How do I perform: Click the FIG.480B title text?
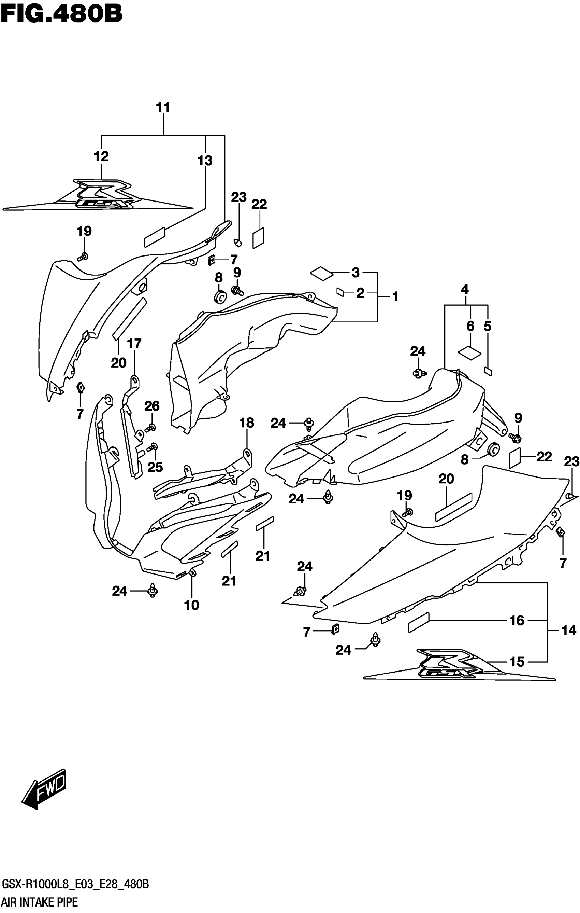click(x=62, y=14)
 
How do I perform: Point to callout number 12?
click(x=101, y=156)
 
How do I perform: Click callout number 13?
click(x=205, y=161)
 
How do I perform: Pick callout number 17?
click(x=134, y=344)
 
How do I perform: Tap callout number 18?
click(x=247, y=423)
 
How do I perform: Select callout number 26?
click(x=152, y=406)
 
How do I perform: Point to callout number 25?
click(x=155, y=468)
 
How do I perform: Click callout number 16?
click(x=517, y=621)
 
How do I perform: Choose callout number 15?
click(x=517, y=662)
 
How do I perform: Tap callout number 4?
click(x=465, y=290)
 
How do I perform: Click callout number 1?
click(x=395, y=296)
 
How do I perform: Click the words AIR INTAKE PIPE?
click(x=40, y=902)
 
